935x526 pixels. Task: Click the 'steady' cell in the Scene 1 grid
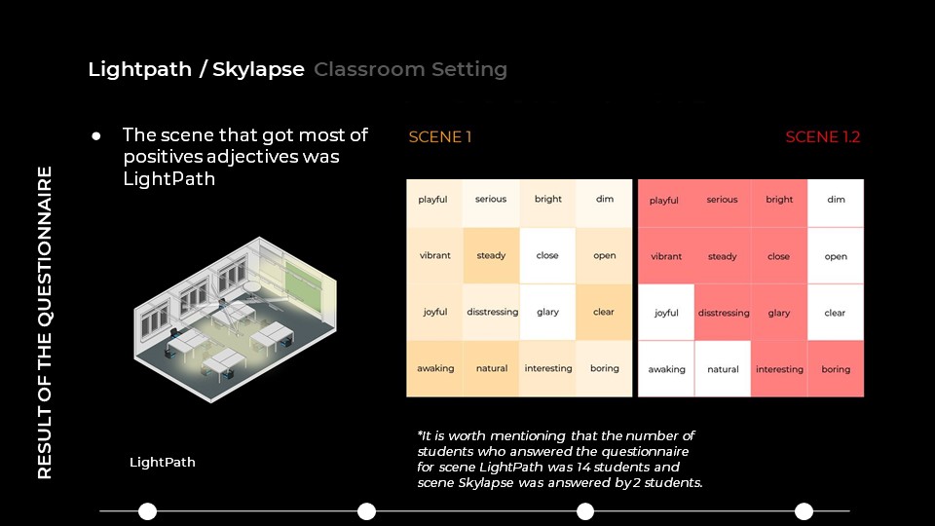click(x=491, y=255)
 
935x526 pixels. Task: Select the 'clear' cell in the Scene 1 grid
click(x=604, y=312)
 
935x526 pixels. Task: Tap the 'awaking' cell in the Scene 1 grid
click(x=434, y=368)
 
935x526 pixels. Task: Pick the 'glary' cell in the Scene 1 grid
click(x=547, y=312)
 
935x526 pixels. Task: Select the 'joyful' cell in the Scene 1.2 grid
click(x=666, y=313)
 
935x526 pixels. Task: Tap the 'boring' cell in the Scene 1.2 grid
click(x=836, y=368)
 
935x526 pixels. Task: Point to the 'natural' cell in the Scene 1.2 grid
click(x=723, y=368)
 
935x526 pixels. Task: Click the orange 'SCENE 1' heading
click(x=440, y=137)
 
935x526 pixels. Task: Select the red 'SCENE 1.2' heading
click(x=822, y=137)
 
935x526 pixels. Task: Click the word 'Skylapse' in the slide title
click(x=258, y=70)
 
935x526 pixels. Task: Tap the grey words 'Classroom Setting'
click(x=411, y=69)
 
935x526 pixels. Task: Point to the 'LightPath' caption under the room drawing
click(x=163, y=462)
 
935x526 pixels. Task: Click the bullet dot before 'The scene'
click(x=96, y=136)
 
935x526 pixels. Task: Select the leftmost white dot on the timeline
click(x=147, y=511)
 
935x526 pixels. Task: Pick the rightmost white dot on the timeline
click(x=804, y=511)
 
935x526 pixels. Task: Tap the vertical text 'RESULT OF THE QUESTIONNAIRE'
click(x=45, y=322)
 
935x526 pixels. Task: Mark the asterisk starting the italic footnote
click(x=420, y=433)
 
